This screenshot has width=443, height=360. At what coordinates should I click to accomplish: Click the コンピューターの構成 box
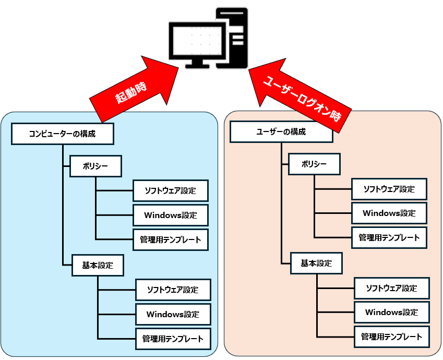point(62,134)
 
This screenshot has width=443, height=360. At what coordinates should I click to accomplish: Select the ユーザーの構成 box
point(281,132)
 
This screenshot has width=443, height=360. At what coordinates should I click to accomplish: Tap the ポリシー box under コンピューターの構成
point(95,166)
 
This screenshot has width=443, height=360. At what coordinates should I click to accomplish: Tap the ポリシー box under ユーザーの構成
point(315,164)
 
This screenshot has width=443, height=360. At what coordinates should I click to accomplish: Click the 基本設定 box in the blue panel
point(98,265)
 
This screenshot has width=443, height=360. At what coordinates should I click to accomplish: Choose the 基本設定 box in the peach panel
point(316,263)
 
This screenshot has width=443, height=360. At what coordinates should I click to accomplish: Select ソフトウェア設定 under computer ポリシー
point(171,190)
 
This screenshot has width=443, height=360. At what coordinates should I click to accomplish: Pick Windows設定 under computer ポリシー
point(171,215)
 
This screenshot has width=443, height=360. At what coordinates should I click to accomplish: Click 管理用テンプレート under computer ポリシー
point(171,239)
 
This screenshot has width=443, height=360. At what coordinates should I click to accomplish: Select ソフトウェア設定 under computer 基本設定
point(173,290)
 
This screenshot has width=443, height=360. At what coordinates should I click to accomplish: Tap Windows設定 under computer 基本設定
point(173,314)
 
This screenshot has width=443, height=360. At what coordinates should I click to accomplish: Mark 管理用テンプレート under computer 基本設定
point(173,339)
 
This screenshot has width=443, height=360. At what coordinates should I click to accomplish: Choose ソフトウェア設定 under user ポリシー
point(389,189)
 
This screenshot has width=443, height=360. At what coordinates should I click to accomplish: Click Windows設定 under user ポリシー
point(389,213)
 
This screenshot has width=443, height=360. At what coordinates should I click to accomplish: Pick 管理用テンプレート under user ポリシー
point(389,237)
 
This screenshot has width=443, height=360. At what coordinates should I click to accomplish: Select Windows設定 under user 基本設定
point(391,312)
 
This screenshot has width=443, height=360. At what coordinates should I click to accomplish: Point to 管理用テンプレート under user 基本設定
point(391,337)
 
